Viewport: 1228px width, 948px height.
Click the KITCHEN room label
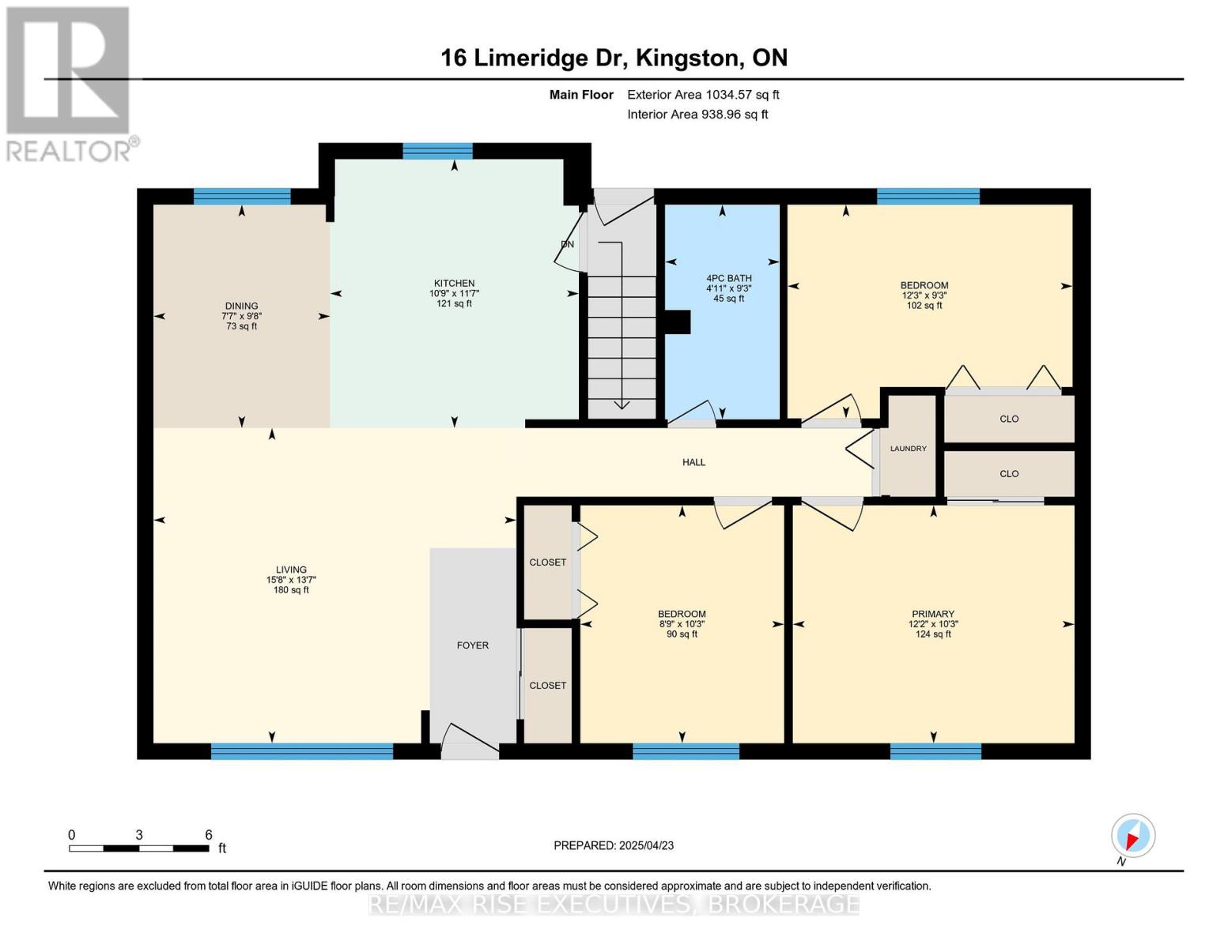click(x=454, y=283)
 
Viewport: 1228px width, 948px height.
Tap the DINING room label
click(x=241, y=306)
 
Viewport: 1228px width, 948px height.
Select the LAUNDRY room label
click(x=908, y=448)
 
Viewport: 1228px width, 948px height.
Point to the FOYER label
click(x=472, y=645)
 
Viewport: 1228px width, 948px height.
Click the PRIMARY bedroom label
click(x=932, y=614)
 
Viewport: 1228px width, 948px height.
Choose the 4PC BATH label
click(x=728, y=278)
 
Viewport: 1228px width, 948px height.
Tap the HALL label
click(x=693, y=462)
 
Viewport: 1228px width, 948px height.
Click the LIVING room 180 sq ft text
click(x=291, y=590)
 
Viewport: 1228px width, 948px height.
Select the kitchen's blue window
click(x=437, y=152)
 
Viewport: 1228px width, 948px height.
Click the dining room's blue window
click(x=242, y=197)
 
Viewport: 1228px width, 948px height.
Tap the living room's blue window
click(x=302, y=751)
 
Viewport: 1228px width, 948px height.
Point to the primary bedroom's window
click(x=935, y=751)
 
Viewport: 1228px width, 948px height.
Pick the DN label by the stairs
click(x=568, y=244)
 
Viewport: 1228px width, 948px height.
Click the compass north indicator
click(x=1133, y=836)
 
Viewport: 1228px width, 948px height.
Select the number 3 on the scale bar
click(x=138, y=834)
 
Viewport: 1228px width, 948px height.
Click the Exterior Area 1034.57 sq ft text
click(x=703, y=95)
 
